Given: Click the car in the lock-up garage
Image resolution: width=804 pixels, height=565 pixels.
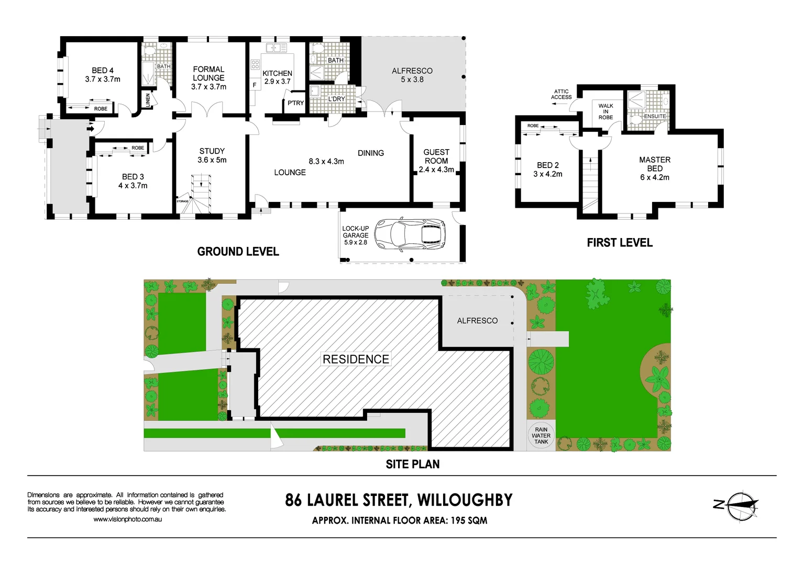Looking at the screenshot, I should (410, 234).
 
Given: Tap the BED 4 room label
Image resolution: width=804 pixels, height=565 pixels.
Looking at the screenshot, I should (103, 75).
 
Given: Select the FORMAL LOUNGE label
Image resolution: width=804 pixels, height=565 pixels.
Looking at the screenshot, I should (208, 78).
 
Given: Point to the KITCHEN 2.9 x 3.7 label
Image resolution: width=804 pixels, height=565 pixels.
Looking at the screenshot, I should (277, 77).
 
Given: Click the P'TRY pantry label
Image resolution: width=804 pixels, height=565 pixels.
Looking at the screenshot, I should (295, 103).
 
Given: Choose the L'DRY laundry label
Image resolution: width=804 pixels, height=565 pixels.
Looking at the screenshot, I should (336, 99).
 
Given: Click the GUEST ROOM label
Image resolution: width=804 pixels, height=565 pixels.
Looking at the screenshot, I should (436, 161).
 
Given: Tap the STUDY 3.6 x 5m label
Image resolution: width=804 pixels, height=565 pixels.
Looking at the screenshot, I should (212, 155).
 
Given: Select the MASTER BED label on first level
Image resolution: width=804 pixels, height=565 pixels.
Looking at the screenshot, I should (655, 168).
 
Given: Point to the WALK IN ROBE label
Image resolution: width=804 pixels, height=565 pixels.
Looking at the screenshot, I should (605, 111).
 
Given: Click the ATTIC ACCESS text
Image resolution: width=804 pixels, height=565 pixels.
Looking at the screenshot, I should (561, 94).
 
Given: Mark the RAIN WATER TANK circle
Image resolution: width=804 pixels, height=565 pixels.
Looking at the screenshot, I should (541, 436).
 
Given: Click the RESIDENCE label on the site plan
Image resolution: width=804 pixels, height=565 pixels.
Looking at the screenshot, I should (356, 359).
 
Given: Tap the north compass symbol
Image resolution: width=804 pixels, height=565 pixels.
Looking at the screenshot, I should (740, 505).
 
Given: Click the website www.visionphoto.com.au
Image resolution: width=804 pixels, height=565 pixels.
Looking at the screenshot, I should (127, 519).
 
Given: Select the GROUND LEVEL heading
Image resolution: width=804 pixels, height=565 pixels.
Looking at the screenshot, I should (238, 252).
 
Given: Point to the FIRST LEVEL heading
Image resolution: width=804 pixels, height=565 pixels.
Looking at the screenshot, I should (620, 243).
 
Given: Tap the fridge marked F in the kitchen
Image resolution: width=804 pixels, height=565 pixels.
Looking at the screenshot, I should (255, 85).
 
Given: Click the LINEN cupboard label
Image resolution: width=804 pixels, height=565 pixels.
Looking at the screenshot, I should (148, 100).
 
